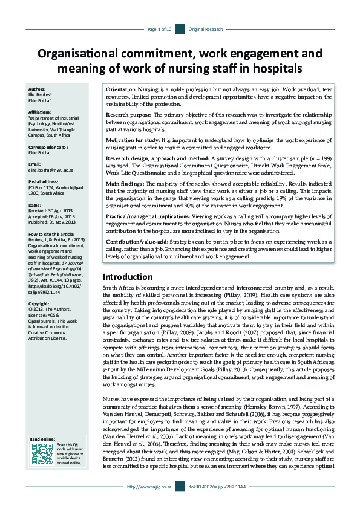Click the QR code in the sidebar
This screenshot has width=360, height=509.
click(39, 453)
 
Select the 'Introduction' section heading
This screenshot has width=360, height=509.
click(128, 277)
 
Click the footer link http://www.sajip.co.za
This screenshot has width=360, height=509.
click(150, 502)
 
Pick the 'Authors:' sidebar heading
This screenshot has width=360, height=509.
click(37, 89)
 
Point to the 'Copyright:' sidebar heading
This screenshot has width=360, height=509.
click(39, 303)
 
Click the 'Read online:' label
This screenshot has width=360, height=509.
click(43, 439)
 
